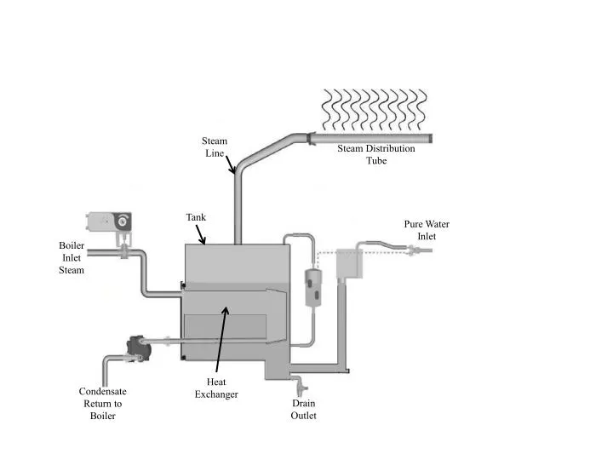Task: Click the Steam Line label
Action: coord(214,147)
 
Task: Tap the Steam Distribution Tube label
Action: coord(375,154)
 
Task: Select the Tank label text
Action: coord(196,217)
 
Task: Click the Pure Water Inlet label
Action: coord(427,230)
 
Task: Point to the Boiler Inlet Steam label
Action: coord(72,257)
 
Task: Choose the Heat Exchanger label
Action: coord(216,388)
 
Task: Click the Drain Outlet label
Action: coord(304,409)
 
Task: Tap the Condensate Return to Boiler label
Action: coord(102,403)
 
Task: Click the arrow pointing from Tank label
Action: coord(200,234)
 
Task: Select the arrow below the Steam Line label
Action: coord(230,163)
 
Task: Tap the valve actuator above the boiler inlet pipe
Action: coord(110,222)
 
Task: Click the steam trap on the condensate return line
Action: coord(135,344)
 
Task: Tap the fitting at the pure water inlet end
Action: coord(413,250)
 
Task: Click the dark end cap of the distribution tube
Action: coord(430,138)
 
